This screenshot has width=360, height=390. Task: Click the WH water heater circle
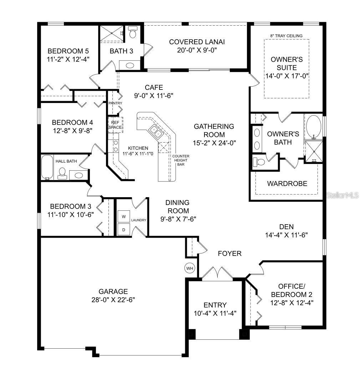pos(189,268)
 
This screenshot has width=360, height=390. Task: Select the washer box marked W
pos(124,216)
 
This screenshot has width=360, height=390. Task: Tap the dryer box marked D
pos(124,230)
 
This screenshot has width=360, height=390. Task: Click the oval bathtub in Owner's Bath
pos(314,127)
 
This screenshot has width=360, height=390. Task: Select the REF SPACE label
pos(115,124)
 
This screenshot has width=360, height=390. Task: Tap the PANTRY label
pos(115,103)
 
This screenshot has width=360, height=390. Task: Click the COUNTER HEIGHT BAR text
pos(181,160)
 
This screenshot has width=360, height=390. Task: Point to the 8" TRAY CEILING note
pos(286,36)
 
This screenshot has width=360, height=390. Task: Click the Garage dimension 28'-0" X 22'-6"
pos(113,299)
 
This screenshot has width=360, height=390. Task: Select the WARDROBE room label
pos(287,184)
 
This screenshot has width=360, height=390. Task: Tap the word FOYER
pos(230,253)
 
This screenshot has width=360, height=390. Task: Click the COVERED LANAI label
pos(197,42)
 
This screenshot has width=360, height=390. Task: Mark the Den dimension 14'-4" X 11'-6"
pos(286,235)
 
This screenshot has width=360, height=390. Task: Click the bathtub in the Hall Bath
pos(47,167)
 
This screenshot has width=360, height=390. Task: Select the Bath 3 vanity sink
pos(130,66)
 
